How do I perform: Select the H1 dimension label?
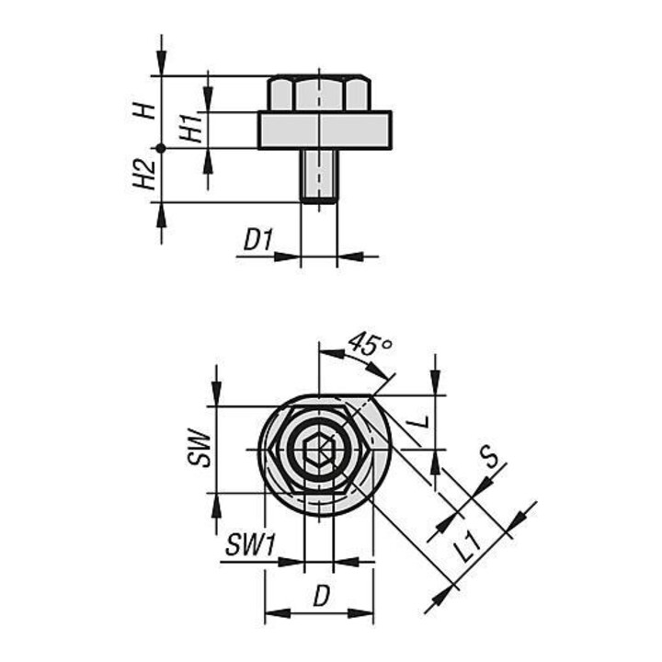[190, 127]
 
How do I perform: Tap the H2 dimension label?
[144, 175]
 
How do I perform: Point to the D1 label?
[258, 241]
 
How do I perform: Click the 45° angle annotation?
[370, 344]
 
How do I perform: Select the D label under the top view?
[321, 597]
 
